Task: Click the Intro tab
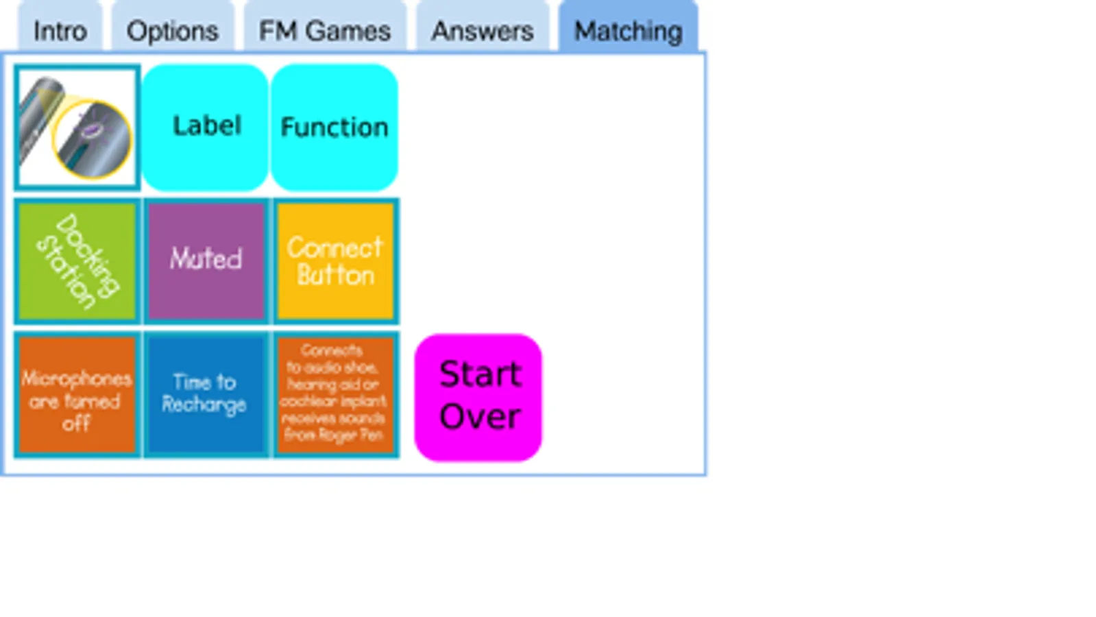coord(60,31)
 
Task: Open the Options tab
coord(172,31)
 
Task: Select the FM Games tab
coord(324,31)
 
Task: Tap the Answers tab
coord(482,31)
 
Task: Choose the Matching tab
coord(628,31)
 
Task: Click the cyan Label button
coord(206,126)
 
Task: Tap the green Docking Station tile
coord(77,261)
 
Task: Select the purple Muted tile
coord(206,261)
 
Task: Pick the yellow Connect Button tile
coord(335,261)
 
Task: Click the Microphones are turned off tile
coord(77,395)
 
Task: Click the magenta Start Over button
coord(478,397)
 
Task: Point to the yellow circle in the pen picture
coord(93,139)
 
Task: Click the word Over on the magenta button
coord(480,417)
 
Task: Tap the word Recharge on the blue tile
coord(204,405)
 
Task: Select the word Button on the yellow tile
coord(336,276)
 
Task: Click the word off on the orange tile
coord(76,424)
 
